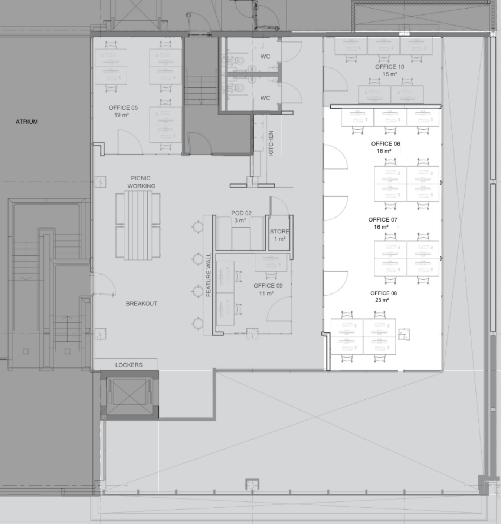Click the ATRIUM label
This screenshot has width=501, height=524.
click(x=27, y=122)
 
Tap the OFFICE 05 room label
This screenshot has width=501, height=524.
click(x=123, y=108)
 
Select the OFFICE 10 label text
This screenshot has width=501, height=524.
click(x=390, y=67)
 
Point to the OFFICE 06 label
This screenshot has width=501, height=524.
click(x=386, y=144)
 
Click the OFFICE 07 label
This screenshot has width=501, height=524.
click(x=383, y=220)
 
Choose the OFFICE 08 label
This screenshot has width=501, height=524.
click(x=383, y=293)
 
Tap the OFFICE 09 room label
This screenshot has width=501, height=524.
click(x=268, y=286)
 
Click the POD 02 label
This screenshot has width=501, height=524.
click(x=241, y=213)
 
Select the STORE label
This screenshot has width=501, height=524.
click(x=279, y=232)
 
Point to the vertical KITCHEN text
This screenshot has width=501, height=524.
click(x=271, y=143)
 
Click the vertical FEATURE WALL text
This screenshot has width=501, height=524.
click(x=209, y=275)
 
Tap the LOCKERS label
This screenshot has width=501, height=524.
click(x=129, y=365)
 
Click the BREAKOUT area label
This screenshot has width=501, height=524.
click(x=141, y=304)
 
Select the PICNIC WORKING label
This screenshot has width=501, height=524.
click(x=141, y=182)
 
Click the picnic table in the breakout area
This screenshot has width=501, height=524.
click(x=138, y=225)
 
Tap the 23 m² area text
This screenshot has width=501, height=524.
click(x=382, y=300)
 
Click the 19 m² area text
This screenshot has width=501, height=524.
click(x=121, y=115)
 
